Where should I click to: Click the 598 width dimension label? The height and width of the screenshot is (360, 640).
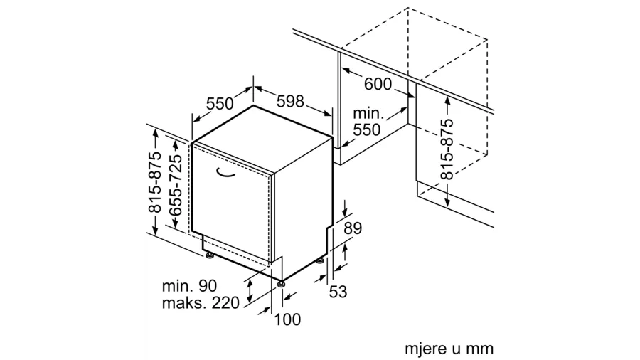290,101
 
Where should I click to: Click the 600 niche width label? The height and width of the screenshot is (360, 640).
378,84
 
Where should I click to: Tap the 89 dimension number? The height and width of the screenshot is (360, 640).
353,228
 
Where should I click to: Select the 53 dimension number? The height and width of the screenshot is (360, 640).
338,292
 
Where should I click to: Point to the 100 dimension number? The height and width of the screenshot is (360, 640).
287,319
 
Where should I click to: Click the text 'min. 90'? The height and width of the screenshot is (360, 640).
189,286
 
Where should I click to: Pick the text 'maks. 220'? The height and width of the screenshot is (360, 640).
201,303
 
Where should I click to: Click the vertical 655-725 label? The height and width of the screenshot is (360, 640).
176,184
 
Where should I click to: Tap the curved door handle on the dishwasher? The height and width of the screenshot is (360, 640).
225,173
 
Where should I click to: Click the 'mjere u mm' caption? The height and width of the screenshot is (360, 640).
449,349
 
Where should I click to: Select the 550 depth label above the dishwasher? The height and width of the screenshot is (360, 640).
220,104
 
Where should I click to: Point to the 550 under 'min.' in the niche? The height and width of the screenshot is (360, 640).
366,129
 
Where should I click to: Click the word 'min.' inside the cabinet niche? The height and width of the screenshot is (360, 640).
368,112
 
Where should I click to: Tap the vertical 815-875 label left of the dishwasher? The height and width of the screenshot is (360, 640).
155,182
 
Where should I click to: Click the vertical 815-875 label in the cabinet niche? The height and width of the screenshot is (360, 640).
447,149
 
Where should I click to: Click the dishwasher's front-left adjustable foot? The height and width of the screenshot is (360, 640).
210,256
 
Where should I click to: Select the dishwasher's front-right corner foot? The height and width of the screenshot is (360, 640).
281,284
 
